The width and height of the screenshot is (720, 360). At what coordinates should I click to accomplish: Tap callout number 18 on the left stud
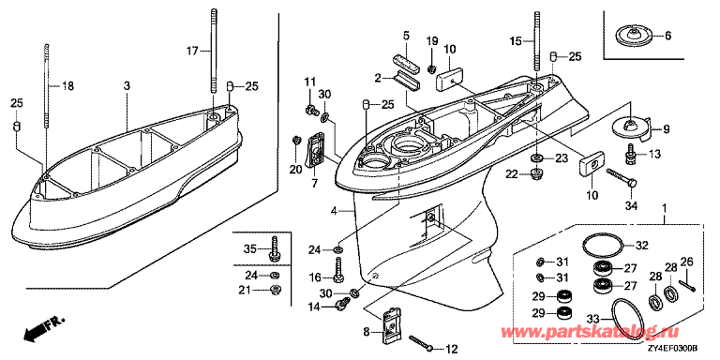[x=67, y=86]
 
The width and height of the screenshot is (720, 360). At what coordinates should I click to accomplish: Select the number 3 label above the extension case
[x=127, y=86]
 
